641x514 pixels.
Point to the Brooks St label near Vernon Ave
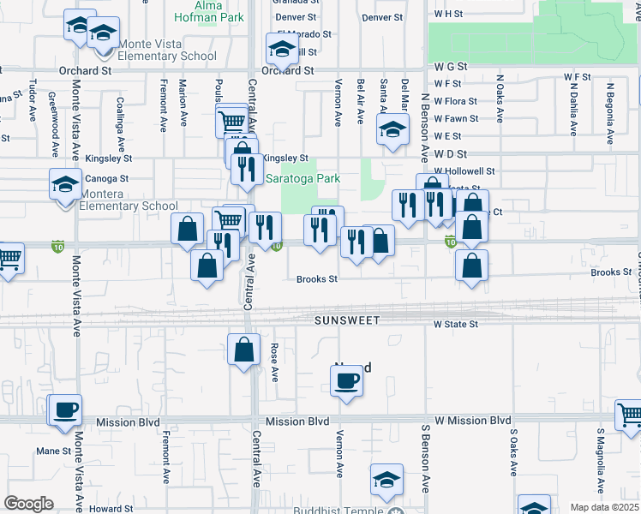[x=317, y=279]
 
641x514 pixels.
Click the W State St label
[x=455, y=325]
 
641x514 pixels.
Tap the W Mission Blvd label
[x=471, y=421]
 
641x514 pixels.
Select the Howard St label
[x=111, y=509]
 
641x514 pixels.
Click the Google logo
[x=28, y=504]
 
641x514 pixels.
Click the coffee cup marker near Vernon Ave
[x=347, y=380]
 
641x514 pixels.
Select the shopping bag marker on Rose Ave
[x=244, y=350]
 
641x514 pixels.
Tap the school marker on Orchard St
[x=281, y=51]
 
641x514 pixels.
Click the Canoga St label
[x=107, y=179]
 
